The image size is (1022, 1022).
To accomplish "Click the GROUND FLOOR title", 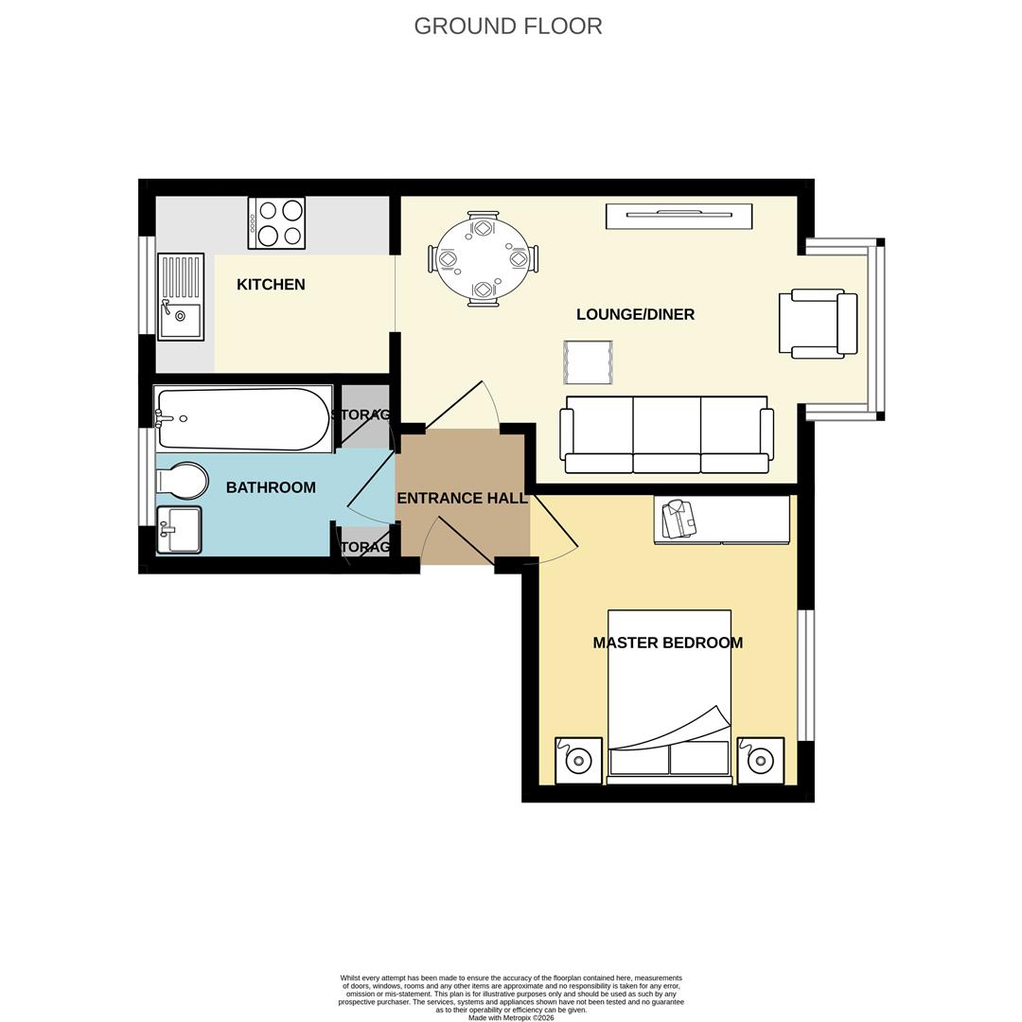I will (x=508, y=26).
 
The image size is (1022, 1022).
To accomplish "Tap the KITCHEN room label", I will (x=271, y=285).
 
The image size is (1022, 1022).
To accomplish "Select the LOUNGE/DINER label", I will (x=635, y=314).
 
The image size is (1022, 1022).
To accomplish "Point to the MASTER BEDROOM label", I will (x=667, y=643).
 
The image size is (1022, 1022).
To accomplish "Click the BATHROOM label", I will (x=271, y=487).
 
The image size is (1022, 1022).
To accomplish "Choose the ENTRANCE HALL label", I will (x=462, y=498).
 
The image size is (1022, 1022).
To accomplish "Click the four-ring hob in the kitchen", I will (x=276, y=223).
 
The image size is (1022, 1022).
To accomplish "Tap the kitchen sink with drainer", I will (x=181, y=297).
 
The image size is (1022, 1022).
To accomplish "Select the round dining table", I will (x=483, y=258).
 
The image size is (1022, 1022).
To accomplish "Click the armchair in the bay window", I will (x=817, y=324).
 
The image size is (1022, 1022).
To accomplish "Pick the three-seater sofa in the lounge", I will (x=666, y=435).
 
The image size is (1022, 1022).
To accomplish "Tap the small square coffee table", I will (x=588, y=361).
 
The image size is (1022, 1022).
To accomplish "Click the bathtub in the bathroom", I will (x=243, y=418).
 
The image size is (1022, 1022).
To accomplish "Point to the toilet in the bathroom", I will (x=184, y=482).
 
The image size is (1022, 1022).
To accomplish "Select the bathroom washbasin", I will (x=180, y=529).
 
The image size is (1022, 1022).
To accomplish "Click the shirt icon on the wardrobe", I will (x=678, y=519).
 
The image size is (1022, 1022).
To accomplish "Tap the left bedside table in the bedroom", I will (x=578, y=761).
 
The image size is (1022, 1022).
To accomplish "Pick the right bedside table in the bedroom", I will (x=760, y=761).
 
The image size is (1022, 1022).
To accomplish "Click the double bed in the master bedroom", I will (x=669, y=696).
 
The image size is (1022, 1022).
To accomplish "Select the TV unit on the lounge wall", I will (x=678, y=216).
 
